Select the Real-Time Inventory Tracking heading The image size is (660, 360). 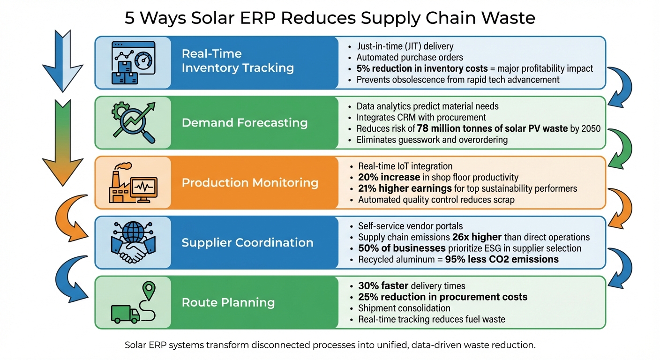238,61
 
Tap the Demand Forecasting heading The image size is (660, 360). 244,123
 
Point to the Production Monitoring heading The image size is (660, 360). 250,182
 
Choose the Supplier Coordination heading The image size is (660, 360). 247,242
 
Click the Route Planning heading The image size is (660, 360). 228,302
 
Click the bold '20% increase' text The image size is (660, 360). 389,177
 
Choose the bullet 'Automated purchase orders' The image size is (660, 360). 410,57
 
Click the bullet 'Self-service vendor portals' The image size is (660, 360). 410,226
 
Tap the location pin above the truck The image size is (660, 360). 149,290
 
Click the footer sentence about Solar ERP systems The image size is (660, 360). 330,345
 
